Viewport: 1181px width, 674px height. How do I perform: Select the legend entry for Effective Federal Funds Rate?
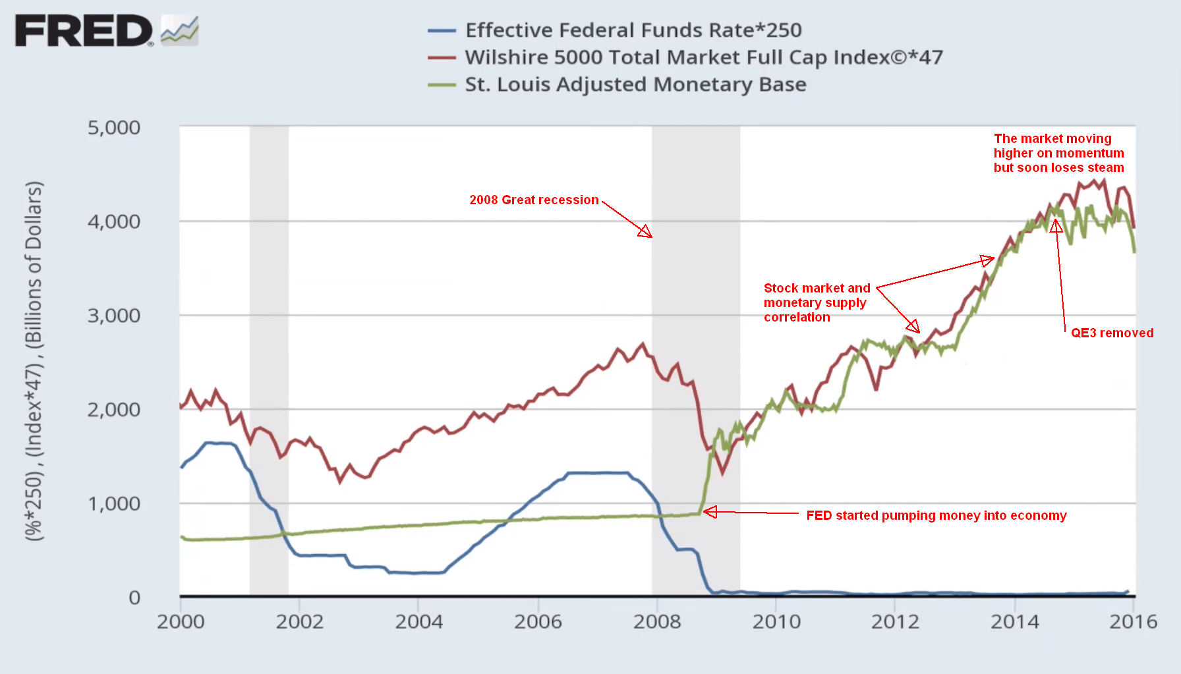tap(633, 30)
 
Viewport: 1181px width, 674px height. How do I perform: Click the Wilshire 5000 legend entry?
tap(703, 57)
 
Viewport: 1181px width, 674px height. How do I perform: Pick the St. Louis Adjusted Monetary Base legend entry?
tap(635, 84)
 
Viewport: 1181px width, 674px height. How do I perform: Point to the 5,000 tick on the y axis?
tap(114, 128)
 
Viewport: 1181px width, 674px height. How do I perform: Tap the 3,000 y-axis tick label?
tap(114, 316)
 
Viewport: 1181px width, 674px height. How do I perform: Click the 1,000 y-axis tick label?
tap(114, 504)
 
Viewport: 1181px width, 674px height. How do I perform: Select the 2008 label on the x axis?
tap(656, 621)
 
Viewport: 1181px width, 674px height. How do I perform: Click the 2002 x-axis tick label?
tap(299, 621)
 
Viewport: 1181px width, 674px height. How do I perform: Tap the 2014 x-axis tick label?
tap(1014, 621)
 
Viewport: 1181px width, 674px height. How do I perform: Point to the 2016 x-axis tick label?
tap(1133, 621)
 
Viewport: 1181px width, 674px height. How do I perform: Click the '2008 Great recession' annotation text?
tap(534, 200)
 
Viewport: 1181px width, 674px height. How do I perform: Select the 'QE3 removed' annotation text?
tap(1112, 333)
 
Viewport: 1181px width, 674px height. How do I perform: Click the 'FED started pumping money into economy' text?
tap(936, 515)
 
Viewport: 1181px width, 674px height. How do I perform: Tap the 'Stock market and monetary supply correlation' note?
tap(817, 302)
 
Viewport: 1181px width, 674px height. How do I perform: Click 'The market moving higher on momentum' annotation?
tap(1058, 153)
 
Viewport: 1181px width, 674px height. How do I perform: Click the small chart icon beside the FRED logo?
tap(179, 30)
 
